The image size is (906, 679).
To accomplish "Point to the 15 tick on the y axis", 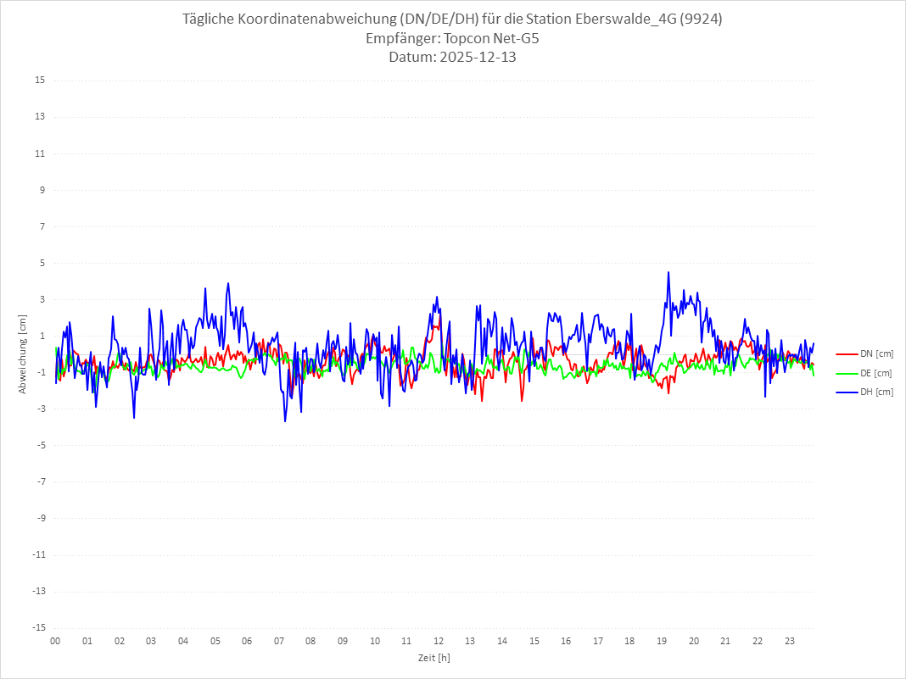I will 40,81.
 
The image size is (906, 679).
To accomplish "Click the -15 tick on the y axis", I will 38,628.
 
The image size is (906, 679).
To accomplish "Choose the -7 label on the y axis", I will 40,481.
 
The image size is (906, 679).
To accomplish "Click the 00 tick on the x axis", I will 55,641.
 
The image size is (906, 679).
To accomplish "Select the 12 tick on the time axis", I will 439,641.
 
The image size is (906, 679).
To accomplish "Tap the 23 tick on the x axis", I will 790,641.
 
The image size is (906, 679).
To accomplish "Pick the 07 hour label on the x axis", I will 279,641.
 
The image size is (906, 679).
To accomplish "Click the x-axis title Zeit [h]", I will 434,657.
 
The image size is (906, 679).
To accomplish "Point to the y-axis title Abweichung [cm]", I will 23,354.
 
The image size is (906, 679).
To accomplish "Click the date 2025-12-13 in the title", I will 476,58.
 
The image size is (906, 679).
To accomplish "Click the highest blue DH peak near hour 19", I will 668,273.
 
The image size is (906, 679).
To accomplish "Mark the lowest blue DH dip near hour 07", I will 285,420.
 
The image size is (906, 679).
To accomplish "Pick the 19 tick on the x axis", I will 663,641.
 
